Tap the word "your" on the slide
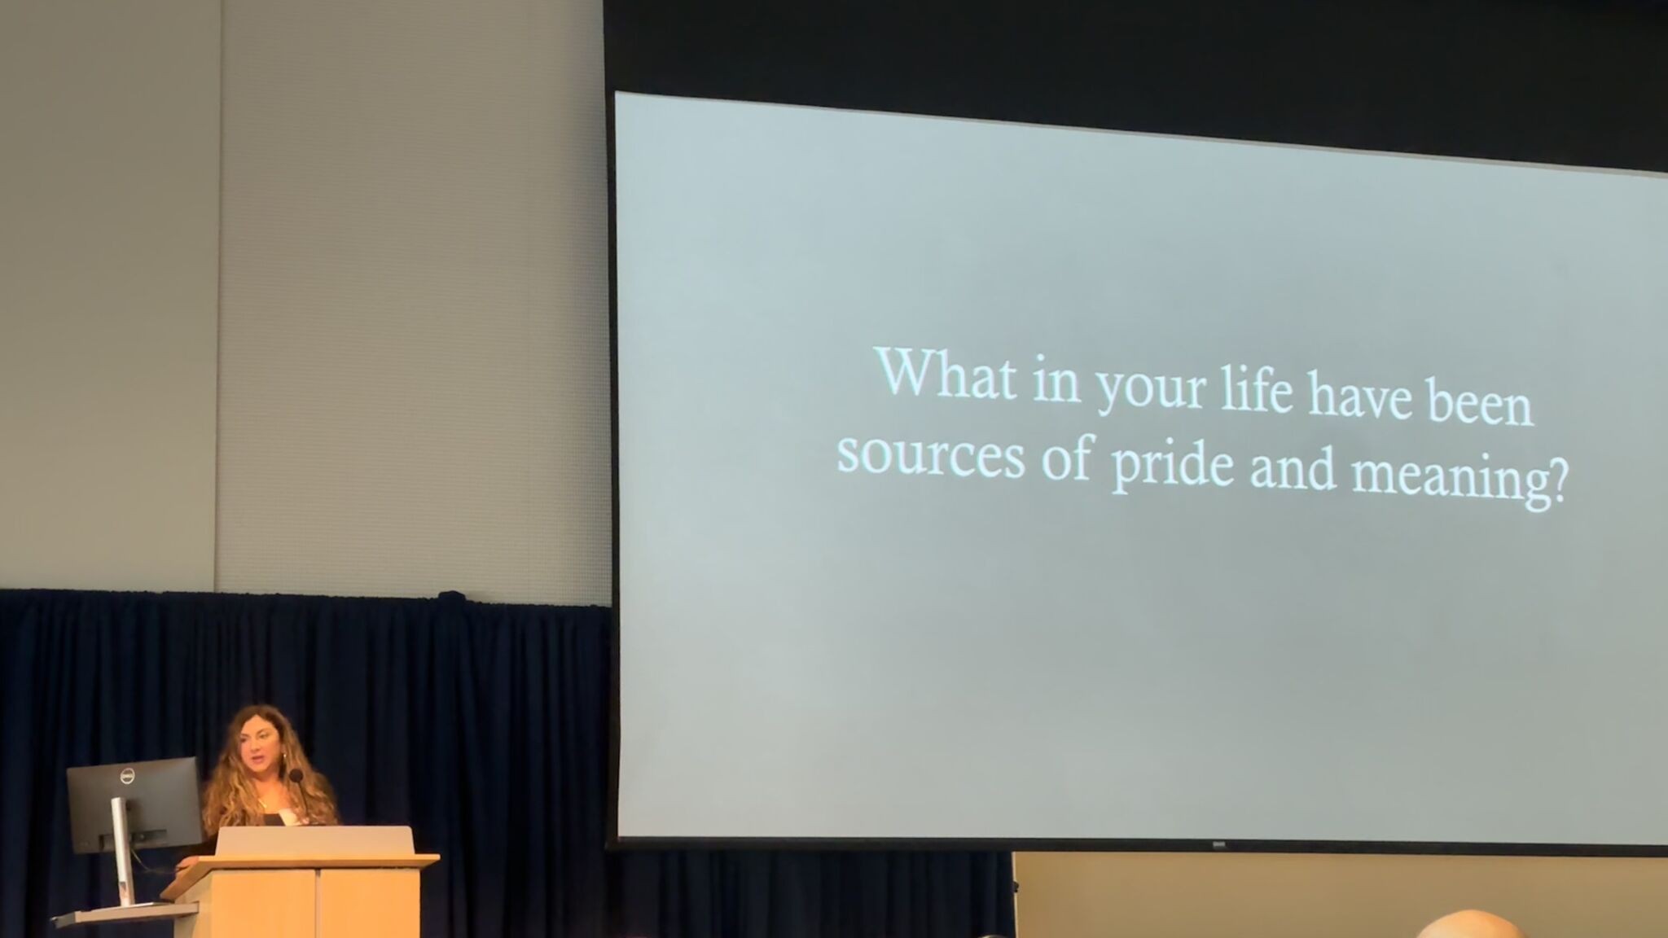(x=1151, y=388)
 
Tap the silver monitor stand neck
(x=120, y=847)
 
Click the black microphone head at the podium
(x=296, y=776)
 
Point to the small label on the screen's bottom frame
(x=1219, y=844)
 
